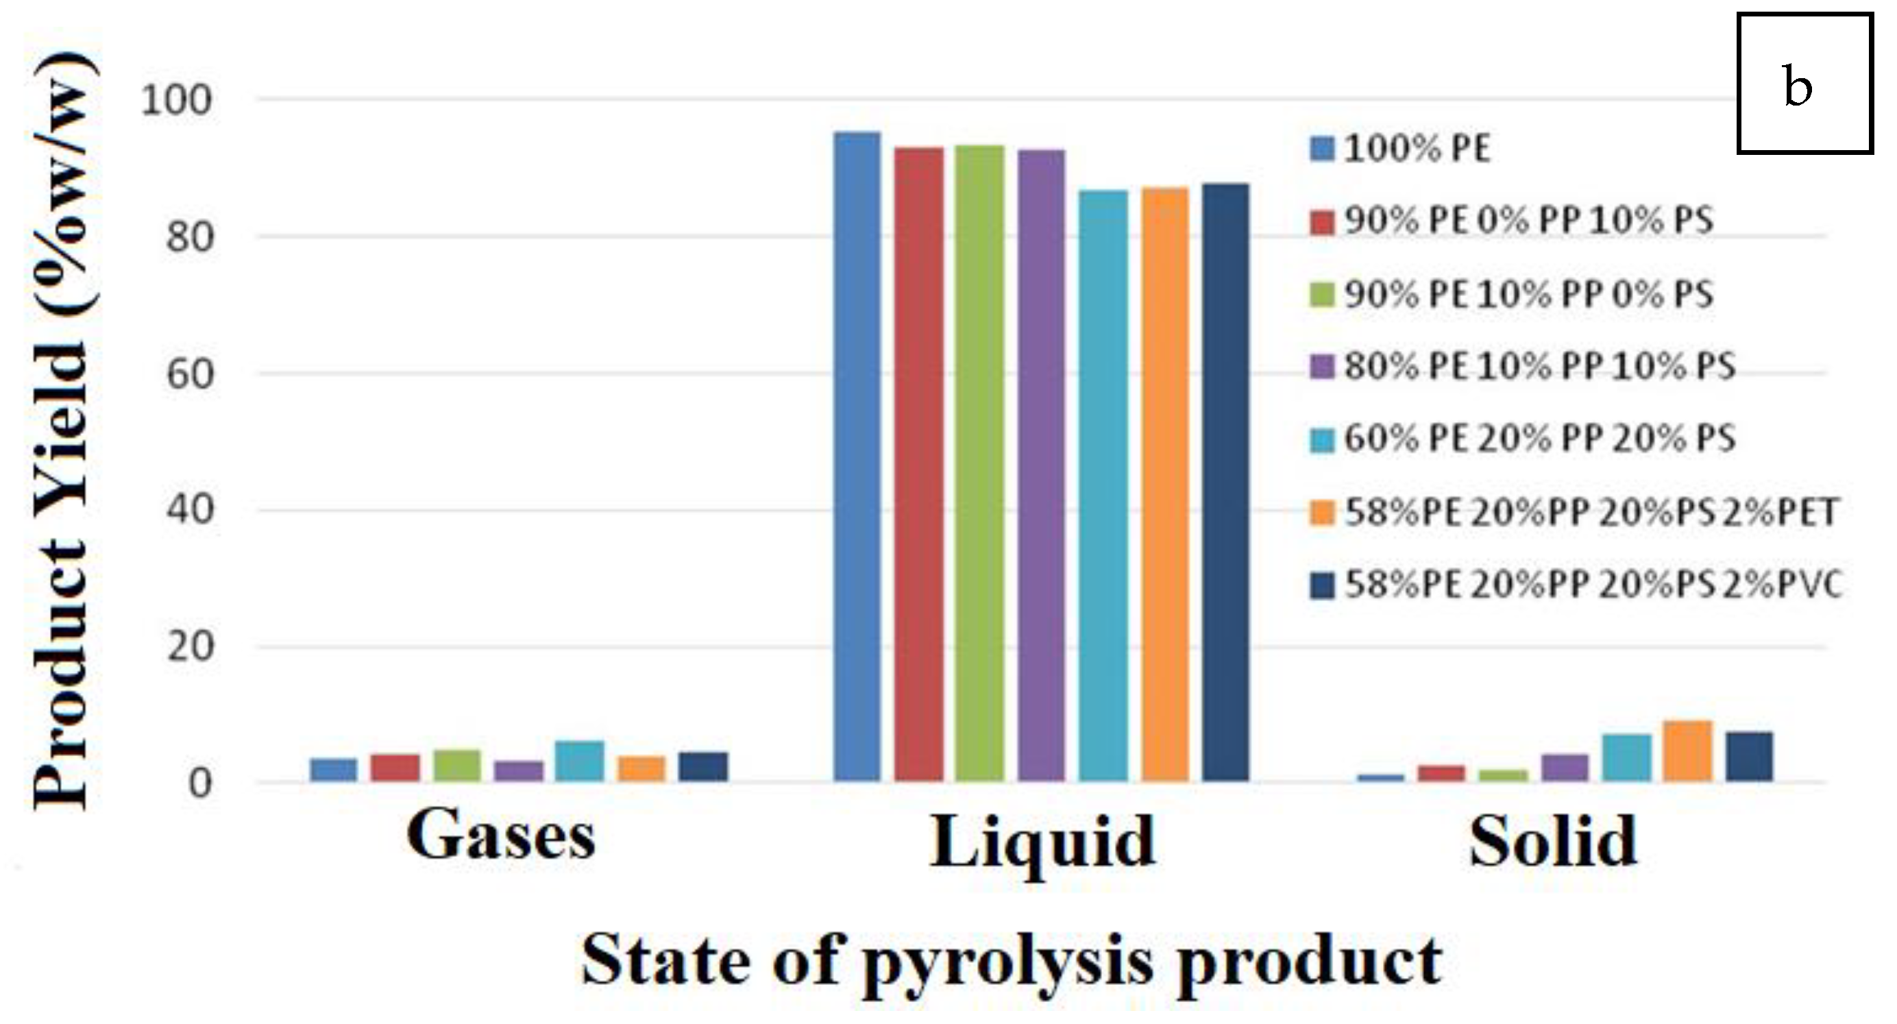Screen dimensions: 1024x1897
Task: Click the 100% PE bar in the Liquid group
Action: tap(857, 456)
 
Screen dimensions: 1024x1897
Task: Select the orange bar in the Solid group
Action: tap(1688, 751)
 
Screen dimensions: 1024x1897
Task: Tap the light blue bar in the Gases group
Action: tap(580, 760)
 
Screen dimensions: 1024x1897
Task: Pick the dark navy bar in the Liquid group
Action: tap(1225, 482)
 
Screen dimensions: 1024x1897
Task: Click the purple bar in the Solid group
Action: tap(1565, 768)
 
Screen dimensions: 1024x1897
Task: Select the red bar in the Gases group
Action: tap(395, 767)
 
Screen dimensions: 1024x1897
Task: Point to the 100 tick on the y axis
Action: tap(176, 100)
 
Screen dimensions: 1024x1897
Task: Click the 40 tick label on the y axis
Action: tap(189, 510)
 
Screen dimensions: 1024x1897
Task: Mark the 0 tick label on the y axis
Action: tap(200, 784)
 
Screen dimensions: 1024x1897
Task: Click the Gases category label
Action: tap(501, 837)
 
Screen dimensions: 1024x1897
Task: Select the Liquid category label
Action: tap(1042, 843)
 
